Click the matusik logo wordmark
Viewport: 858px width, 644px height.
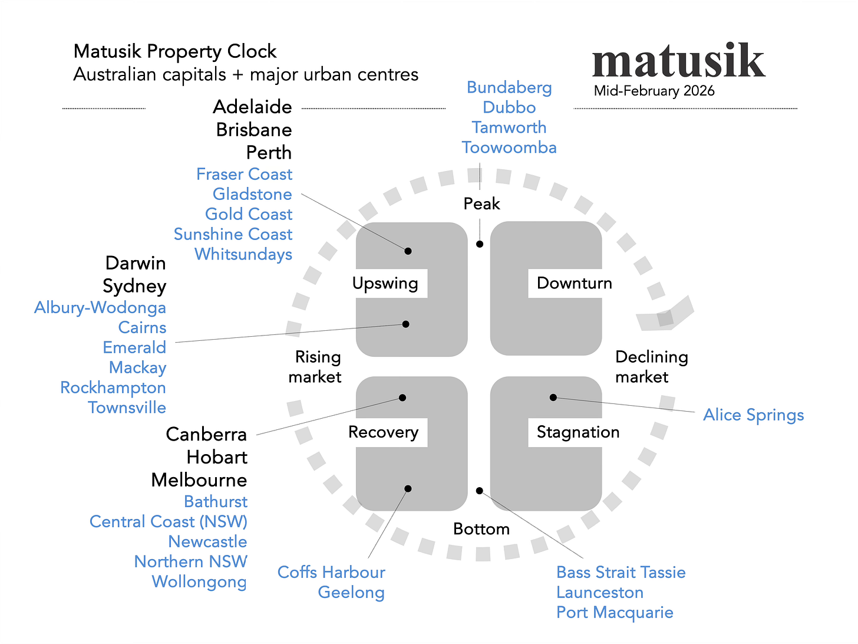coord(678,61)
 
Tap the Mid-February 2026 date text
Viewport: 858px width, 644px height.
coord(654,91)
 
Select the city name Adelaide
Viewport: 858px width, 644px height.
coord(252,107)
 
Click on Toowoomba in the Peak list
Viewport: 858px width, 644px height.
coord(509,147)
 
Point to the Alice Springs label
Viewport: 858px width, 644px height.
coord(753,415)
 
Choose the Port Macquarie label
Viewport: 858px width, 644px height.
coord(615,613)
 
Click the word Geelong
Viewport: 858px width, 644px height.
coord(351,593)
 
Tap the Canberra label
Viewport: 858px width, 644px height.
coord(206,435)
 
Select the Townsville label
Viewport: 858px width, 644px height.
coord(127,408)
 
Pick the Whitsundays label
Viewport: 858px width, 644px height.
coord(243,255)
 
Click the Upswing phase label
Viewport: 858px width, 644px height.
coord(385,284)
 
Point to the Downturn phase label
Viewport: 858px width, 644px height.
coord(574,284)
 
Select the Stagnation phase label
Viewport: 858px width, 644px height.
coord(577,433)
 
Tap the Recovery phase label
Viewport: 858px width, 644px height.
coord(383,433)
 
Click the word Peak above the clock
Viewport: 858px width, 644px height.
coord(481,204)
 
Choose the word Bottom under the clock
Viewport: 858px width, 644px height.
coord(481,530)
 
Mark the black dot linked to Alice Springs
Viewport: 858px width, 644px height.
coord(553,397)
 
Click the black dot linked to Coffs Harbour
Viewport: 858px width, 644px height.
coord(408,489)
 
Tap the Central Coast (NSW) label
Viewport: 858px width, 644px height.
coord(169,522)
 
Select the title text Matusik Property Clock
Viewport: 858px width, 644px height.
coord(175,52)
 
